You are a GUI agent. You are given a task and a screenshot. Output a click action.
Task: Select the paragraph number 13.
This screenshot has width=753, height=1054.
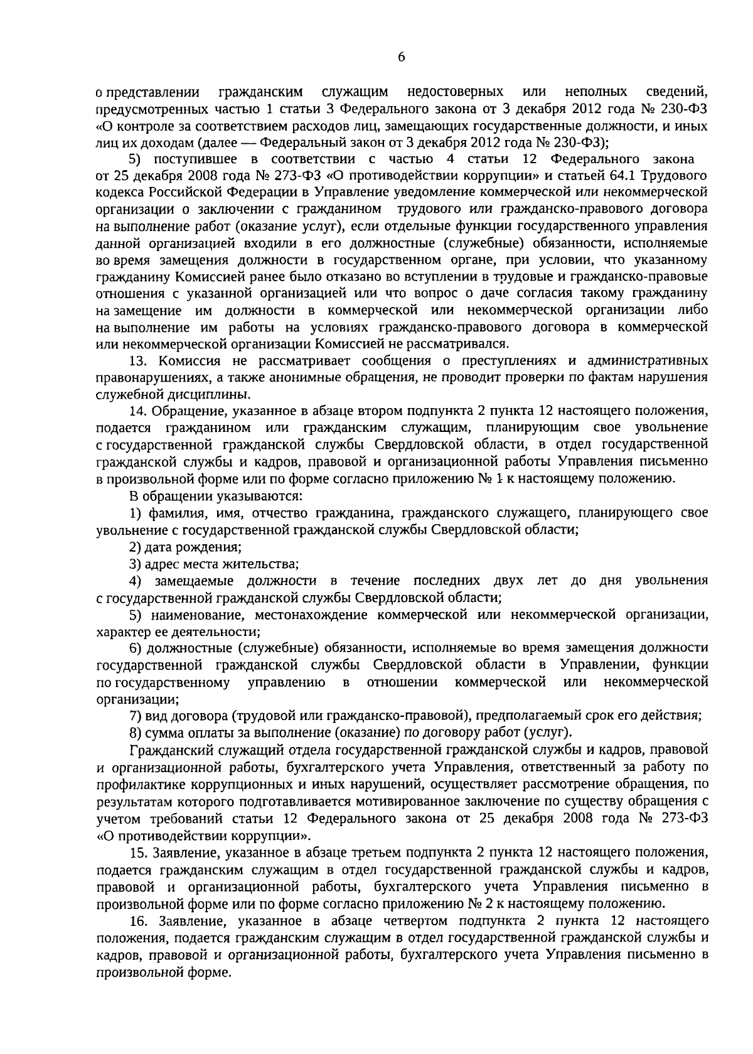(137, 361)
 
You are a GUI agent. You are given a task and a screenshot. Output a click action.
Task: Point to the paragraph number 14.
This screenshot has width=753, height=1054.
(137, 412)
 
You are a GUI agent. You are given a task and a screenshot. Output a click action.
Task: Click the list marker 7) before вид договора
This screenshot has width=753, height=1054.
(135, 716)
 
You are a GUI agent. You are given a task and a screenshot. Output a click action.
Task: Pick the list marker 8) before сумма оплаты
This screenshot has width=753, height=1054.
(135, 733)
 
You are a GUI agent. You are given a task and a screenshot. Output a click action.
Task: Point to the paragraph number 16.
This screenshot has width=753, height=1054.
(137, 921)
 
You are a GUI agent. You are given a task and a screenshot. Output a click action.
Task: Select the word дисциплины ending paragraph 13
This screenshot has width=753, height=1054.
(215, 395)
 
